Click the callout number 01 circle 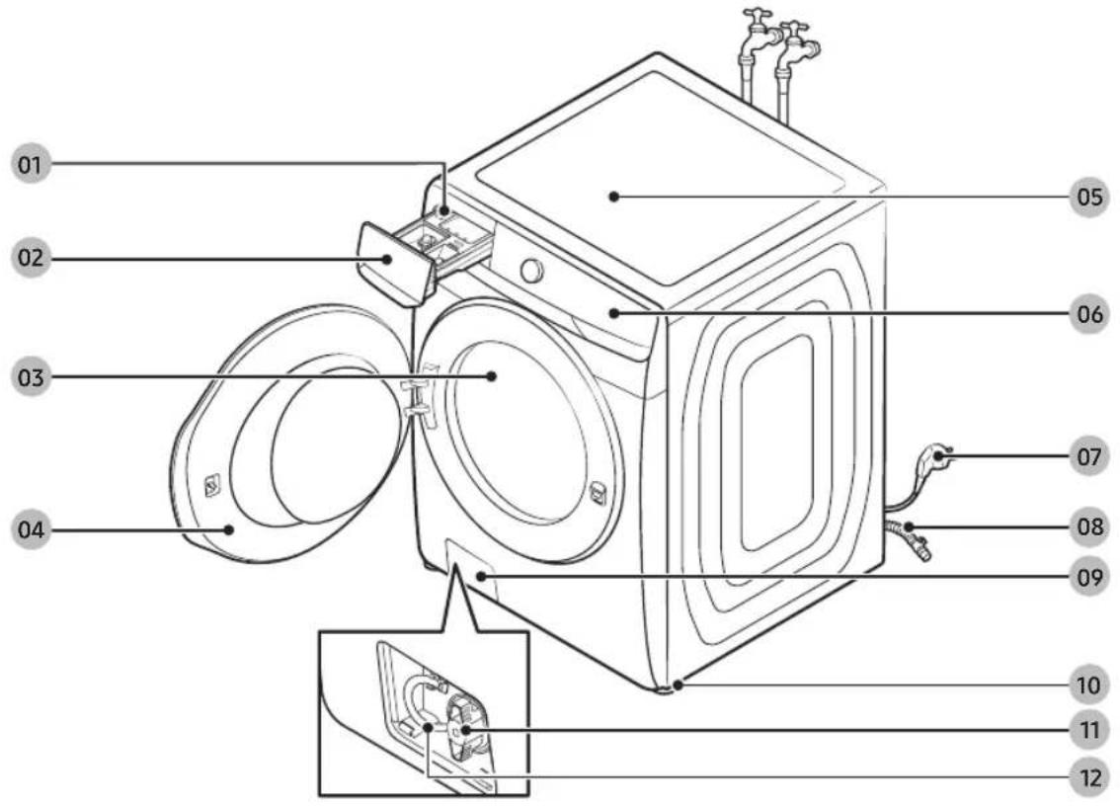31,165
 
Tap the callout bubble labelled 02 31,257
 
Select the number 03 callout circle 31,376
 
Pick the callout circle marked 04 31,529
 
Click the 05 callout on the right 1089,197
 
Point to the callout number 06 1089,314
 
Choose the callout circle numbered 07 1089,455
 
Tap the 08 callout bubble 1089,527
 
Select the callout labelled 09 1089,577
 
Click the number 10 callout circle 1089,686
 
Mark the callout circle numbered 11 1089,731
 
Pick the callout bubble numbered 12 1089,777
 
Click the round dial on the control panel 531,271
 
